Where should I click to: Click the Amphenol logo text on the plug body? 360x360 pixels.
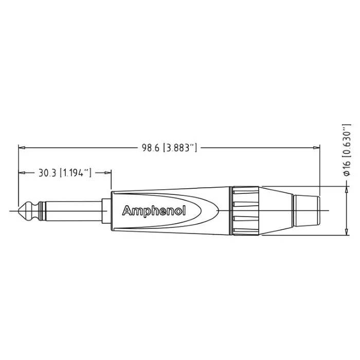154,210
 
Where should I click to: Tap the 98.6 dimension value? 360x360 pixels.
150,148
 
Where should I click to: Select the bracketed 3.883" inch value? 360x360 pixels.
180,148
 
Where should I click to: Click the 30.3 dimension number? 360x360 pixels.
47,173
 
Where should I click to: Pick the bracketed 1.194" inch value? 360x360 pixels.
76,173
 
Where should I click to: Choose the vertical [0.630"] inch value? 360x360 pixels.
347,140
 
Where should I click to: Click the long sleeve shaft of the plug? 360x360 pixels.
74,210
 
